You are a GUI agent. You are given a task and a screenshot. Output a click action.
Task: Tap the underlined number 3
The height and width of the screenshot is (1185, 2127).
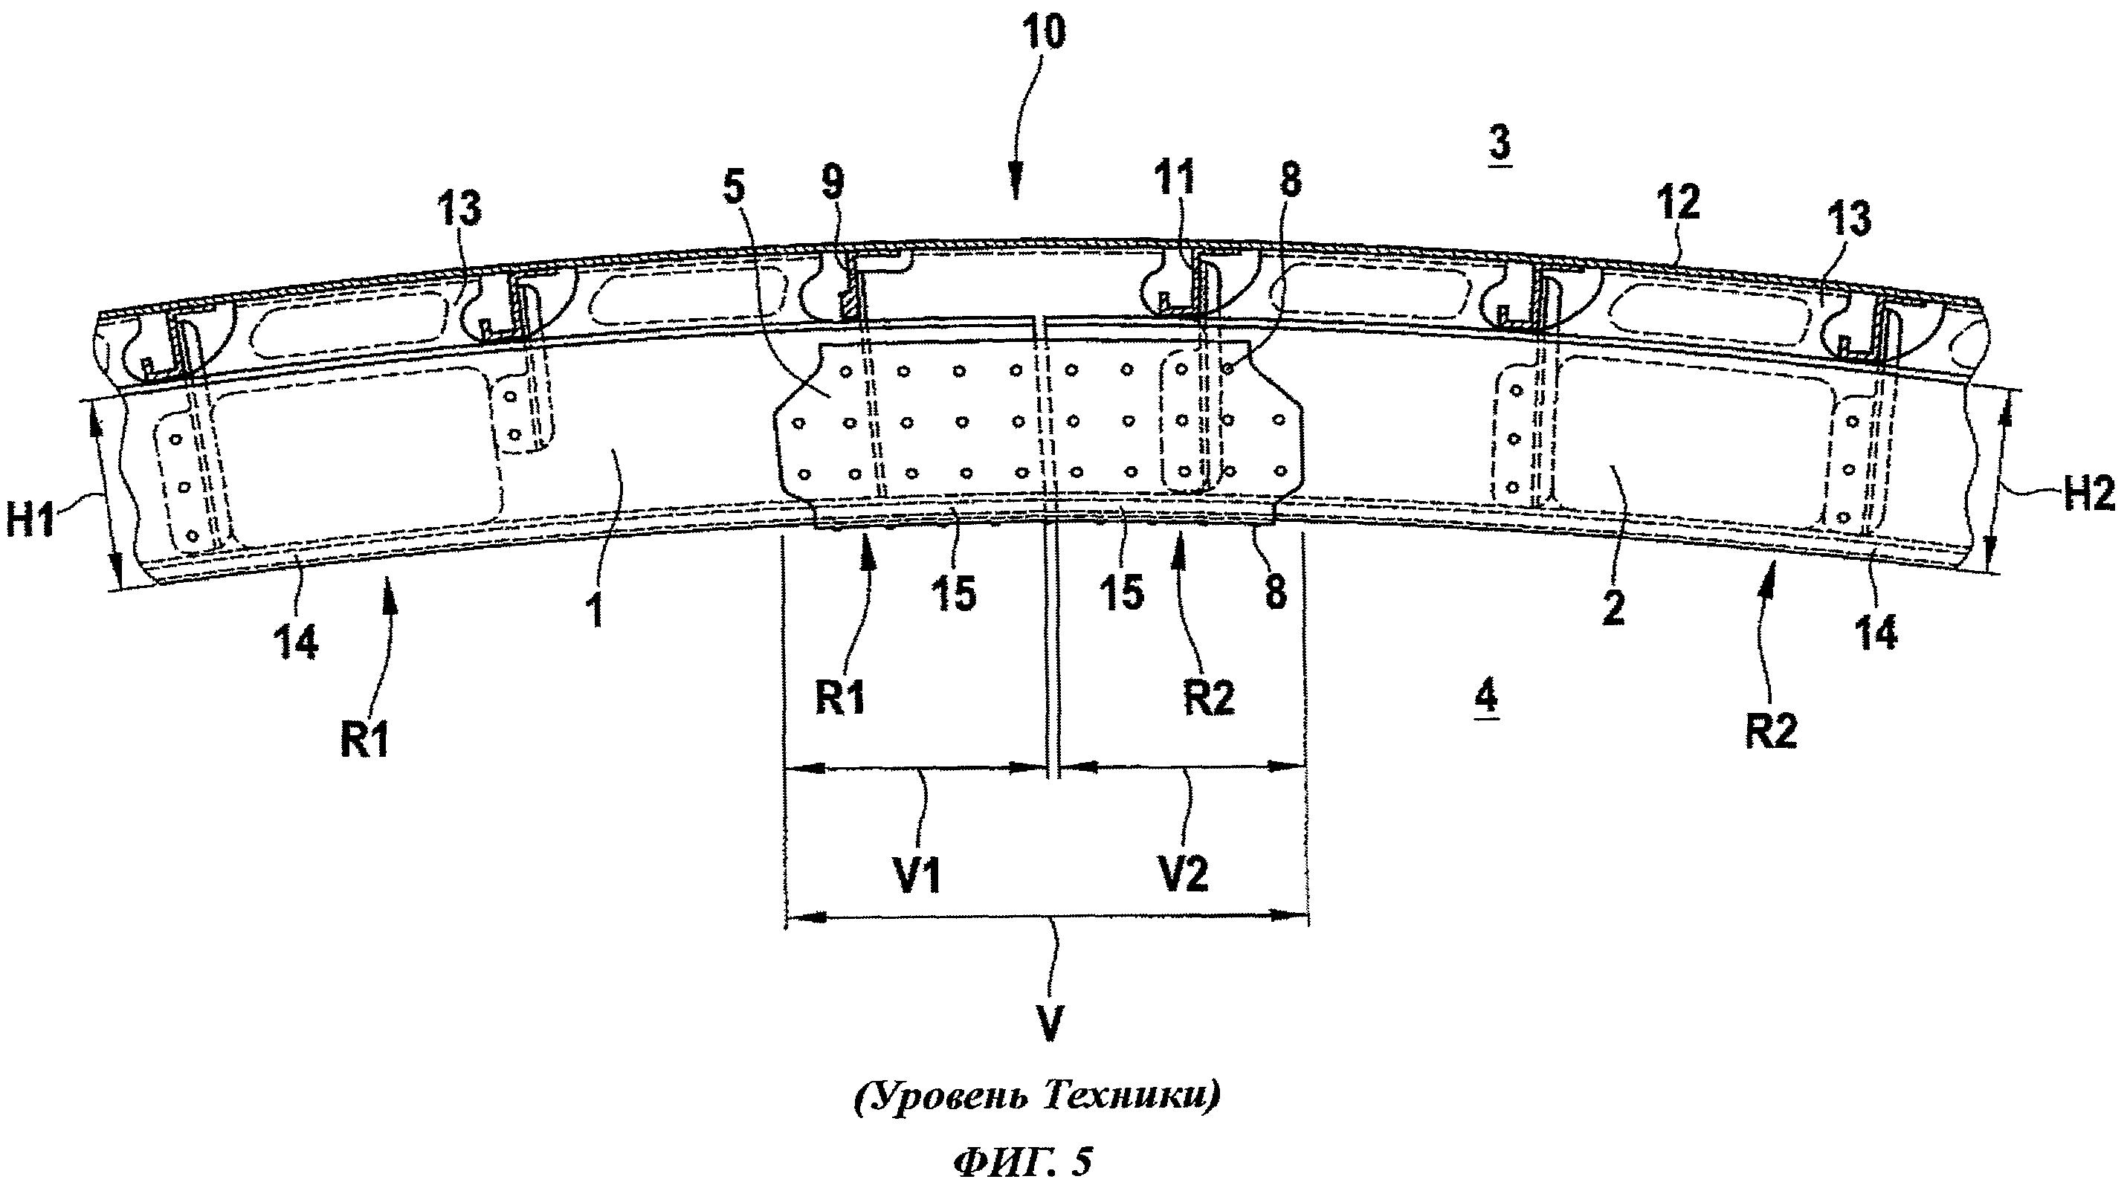1500,143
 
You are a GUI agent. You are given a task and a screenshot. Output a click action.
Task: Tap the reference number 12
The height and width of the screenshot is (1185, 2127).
1677,202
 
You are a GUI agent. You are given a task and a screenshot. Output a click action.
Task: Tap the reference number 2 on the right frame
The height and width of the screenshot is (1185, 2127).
1613,608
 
